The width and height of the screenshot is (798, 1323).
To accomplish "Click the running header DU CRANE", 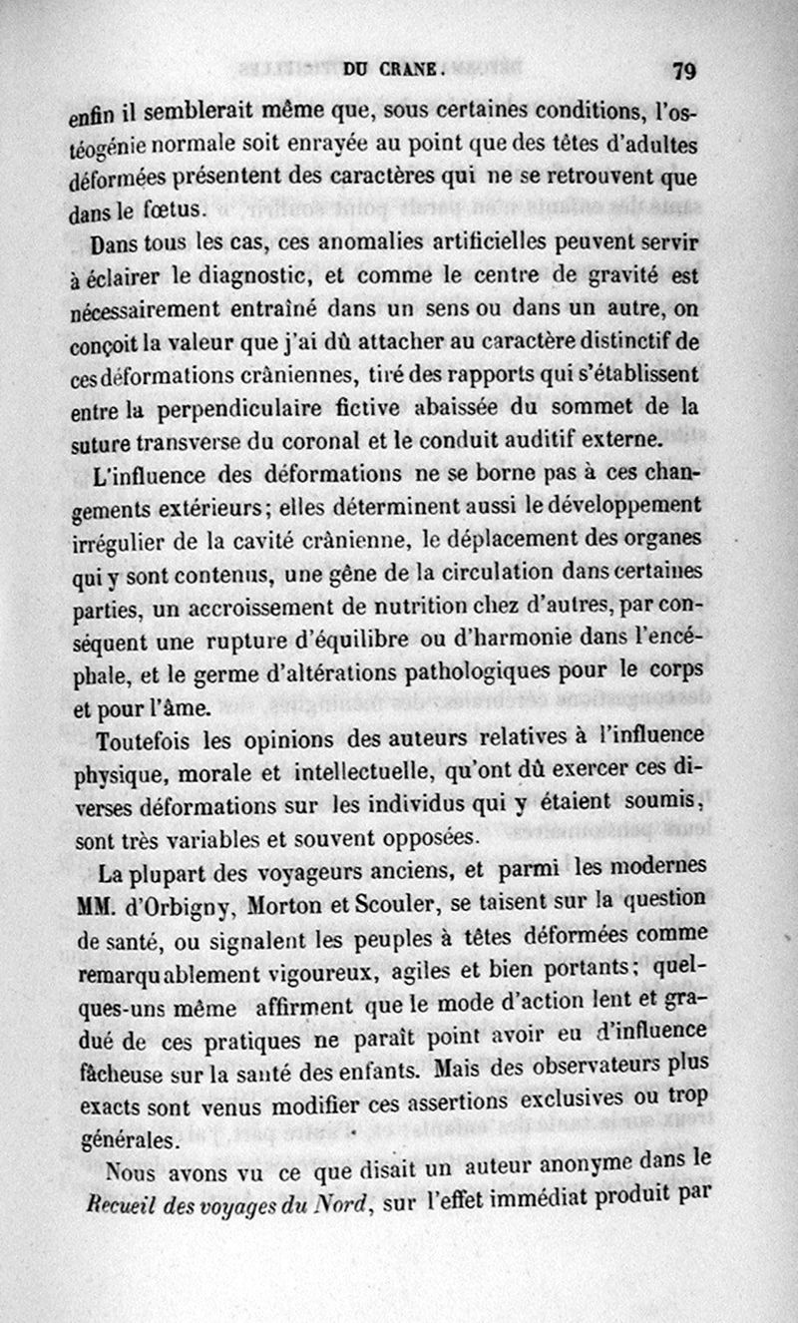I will (x=391, y=70).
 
